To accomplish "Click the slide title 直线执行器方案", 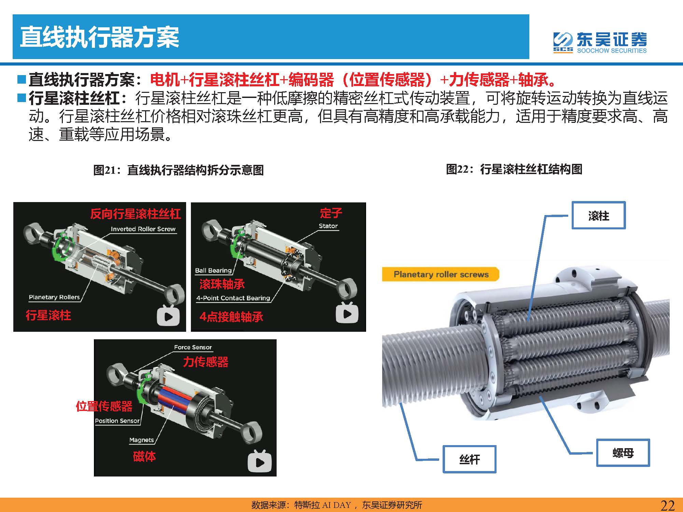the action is point(99,37).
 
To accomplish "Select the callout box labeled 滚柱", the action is point(599,215).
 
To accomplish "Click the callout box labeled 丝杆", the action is point(470,459).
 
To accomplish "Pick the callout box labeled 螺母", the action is point(623,453).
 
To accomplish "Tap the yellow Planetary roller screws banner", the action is point(441,274).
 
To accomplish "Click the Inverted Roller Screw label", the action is point(143,229).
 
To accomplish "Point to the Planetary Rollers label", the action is point(54,297).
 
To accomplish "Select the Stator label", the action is point(328,226).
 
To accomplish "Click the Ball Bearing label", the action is point(213,270).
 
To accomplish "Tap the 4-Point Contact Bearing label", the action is point(233,298).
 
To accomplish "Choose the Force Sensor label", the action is point(193,347).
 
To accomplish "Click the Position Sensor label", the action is point(117,421).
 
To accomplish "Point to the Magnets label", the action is point(142,440).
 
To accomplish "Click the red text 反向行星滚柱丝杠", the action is point(136,214).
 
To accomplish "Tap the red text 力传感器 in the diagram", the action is point(206,362).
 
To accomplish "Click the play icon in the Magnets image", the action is point(260,461).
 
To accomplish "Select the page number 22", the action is point(668,505).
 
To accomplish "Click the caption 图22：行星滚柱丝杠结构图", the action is point(514,169).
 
